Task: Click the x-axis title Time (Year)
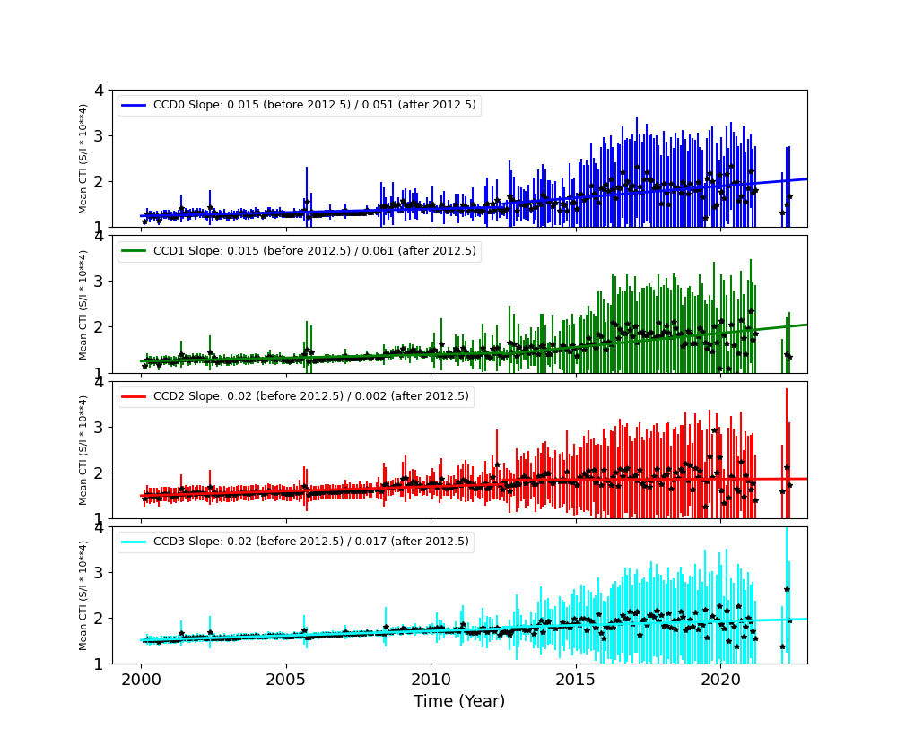(x=459, y=701)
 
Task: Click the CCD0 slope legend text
(x=315, y=105)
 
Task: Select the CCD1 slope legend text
(x=315, y=251)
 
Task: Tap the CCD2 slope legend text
(x=311, y=396)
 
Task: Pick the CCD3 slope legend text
(x=311, y=542)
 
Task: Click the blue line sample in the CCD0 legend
(x=134, y=105)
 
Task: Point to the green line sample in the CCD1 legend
(x=134, y=251)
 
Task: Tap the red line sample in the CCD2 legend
(x=134, y=396)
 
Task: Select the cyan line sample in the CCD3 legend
(x=134, y=542)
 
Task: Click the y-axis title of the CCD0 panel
(x=83, y=159)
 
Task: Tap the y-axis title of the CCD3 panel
(x=83, y=595)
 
